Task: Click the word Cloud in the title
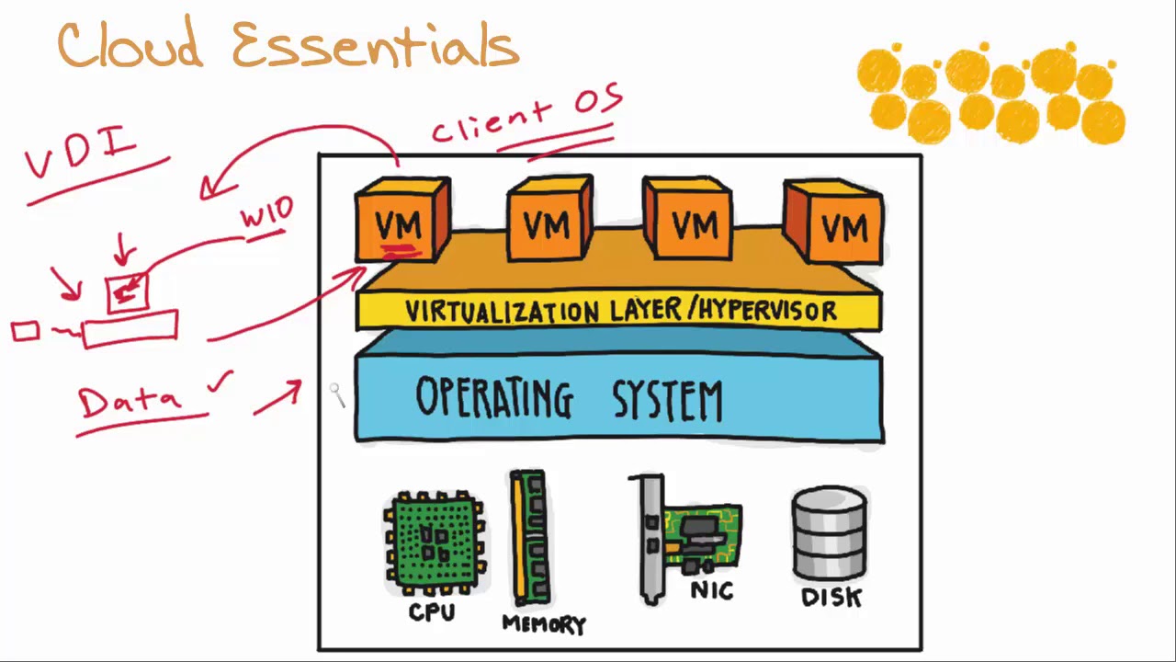coord(130,46)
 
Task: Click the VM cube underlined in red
coord(401,221)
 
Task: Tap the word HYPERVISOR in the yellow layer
coord(767,311)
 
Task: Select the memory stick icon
coord(529,539)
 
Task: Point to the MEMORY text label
coord(544,624)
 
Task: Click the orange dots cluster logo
coord(990,92)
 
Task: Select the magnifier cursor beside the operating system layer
coord(337,395)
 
